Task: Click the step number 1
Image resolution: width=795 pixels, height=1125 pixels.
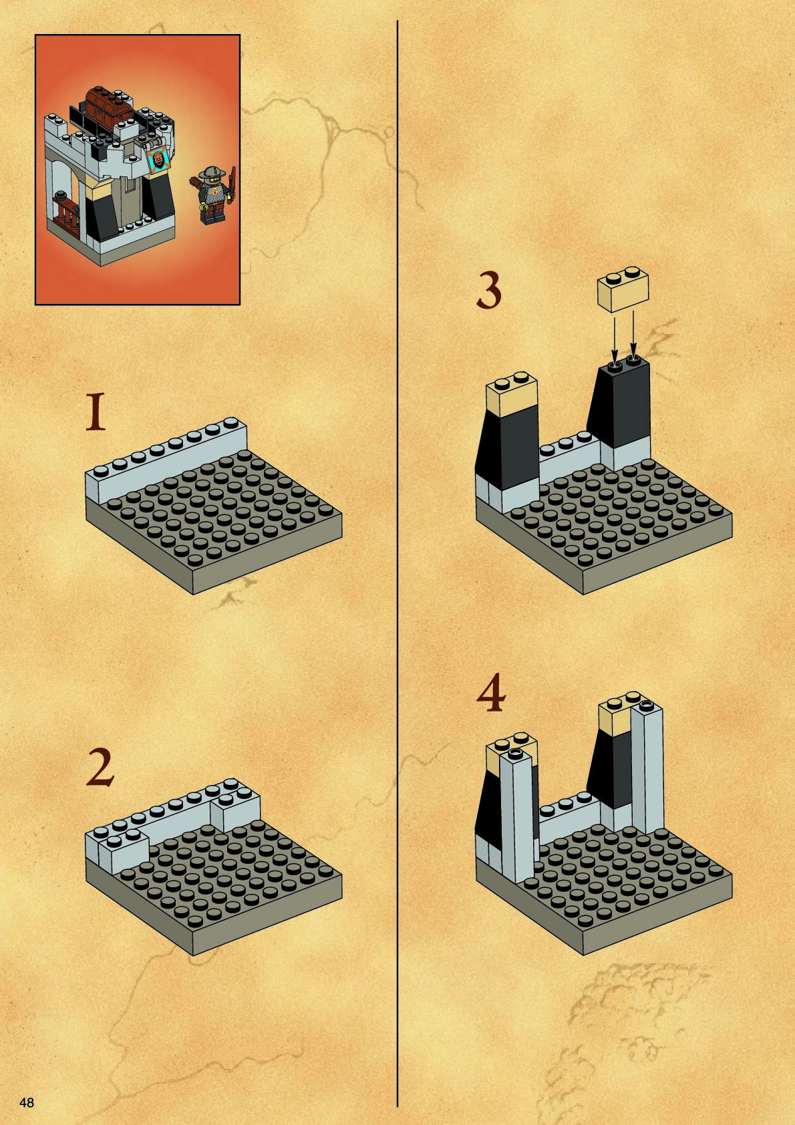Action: [x=96, y=412]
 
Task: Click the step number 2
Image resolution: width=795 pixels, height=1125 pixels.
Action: [x=100, y=768]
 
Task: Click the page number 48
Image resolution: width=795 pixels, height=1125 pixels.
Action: [x=27, y=1103]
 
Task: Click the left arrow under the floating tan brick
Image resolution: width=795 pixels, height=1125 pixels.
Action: [x=614, y=337]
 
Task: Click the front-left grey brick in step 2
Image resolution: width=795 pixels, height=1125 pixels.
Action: [x=123, y=850]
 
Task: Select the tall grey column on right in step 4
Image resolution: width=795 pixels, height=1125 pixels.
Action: [x=647, y=766]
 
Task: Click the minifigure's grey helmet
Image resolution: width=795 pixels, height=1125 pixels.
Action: [x=207, y=173]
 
